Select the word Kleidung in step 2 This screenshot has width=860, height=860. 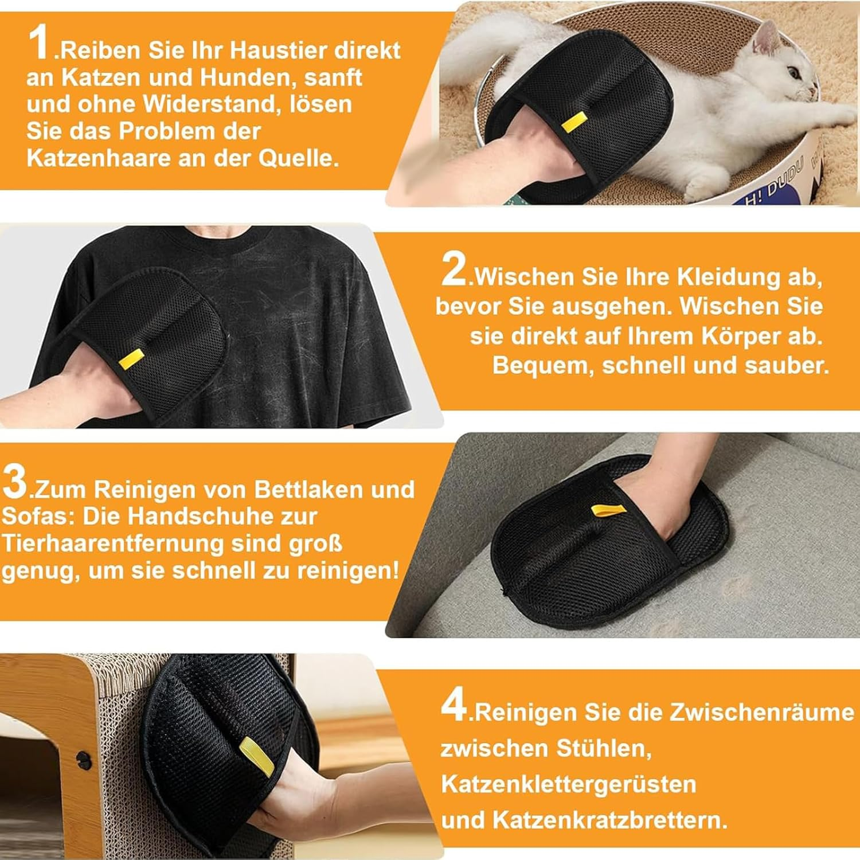(x=729, y=277)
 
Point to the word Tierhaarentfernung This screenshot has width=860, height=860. (x=113, y=544)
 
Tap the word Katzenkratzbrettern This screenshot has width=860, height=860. (x=610, y=820)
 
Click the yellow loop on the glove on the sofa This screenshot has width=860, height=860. (x=606, y=511)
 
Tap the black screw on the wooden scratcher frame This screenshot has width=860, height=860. (x=83, y=759)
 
